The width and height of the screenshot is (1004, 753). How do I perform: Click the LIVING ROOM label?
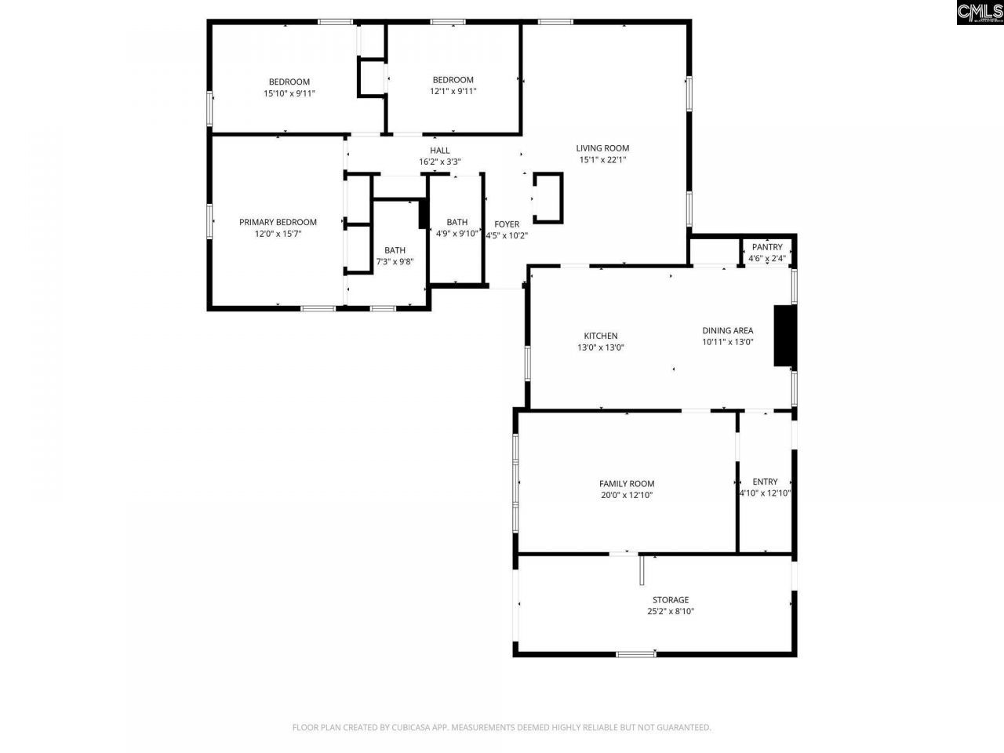pos(602,148)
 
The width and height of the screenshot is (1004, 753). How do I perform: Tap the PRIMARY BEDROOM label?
pos(278,222)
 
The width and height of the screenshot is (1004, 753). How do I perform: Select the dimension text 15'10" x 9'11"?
pos(289,93)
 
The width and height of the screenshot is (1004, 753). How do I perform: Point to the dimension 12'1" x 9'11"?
pos(453,91)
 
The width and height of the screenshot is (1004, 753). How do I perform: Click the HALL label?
pos(439,151)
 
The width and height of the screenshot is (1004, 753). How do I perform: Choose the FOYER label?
pos(507,224)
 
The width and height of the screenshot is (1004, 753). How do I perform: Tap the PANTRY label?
pos(766,247)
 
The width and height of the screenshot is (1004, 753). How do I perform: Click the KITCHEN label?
pos(600,336)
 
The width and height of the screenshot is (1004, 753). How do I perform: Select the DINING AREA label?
pos(727,330)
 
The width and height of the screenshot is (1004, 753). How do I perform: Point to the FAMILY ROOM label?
pos(627,484)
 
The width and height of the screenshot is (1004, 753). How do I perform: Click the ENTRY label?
pos(765,482)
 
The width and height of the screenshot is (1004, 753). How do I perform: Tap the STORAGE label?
pos(671,600)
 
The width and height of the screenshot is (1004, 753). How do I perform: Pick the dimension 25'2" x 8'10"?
pos(671,611)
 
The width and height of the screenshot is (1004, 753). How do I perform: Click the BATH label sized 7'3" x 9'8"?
pos(395,250)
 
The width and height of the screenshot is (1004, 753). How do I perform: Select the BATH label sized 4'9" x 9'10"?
pos(457,222)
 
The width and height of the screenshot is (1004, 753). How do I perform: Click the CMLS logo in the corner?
pos(979,13)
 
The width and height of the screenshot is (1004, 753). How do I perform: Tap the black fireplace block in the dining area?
pos(784,336)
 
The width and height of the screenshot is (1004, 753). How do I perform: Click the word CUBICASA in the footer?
pos(414,728)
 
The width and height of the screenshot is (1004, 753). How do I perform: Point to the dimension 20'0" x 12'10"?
pos(627,495)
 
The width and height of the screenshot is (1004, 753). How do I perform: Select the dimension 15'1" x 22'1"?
pos(602,159)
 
